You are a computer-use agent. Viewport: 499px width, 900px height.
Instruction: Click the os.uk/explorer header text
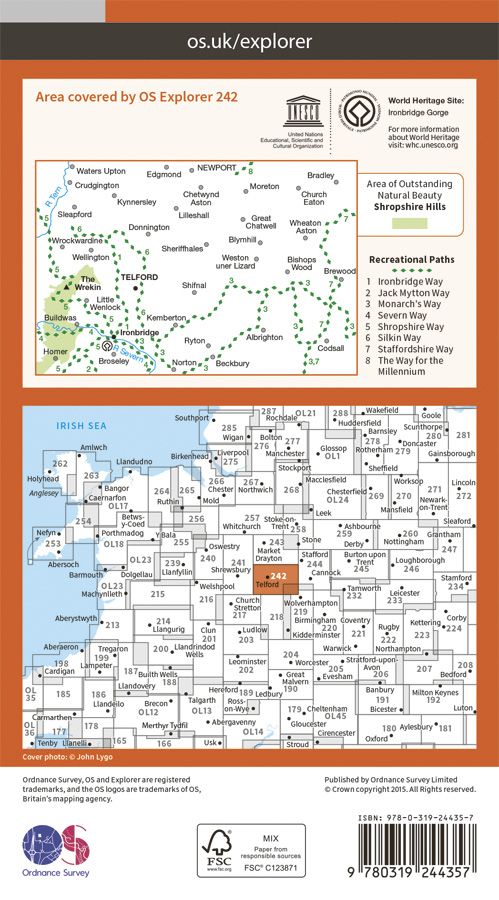coord(249,42)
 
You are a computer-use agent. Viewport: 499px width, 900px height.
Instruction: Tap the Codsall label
coord(331,348)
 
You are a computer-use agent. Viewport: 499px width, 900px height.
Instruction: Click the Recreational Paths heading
coord(410,259)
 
